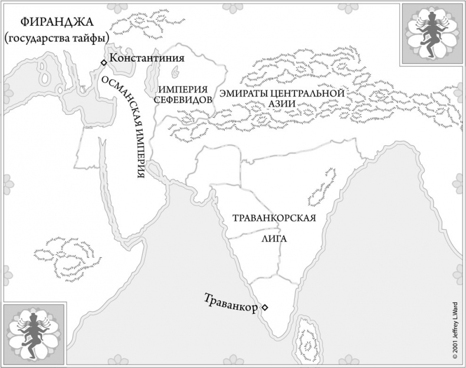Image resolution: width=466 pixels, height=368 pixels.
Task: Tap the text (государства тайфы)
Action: pyautogui.click(x=58, y=39)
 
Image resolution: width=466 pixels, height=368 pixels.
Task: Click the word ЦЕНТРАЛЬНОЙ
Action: pyautogui.click(x=307, y=94)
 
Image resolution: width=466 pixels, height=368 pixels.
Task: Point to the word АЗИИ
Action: pyautogui.click(x=281, y=104)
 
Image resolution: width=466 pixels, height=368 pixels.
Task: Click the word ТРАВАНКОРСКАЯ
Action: pyautogui.click(x=271, y=217)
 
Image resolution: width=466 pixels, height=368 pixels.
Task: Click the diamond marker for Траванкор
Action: pyautogui.click(x=265, y=307)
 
